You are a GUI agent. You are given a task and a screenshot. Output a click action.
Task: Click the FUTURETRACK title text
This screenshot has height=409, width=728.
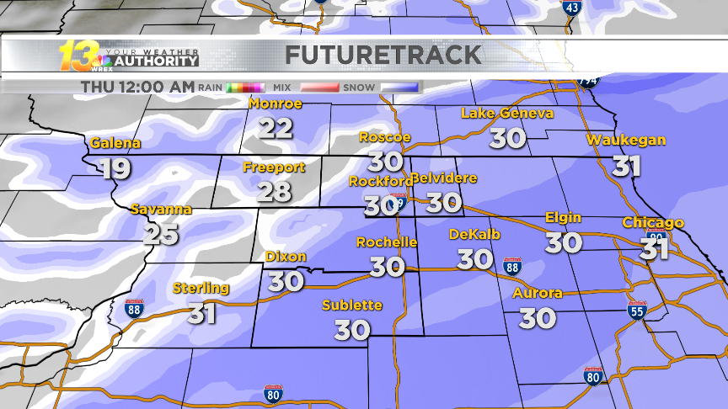(383, 56)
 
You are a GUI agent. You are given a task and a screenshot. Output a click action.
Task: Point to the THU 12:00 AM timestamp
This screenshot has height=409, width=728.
(137, 87)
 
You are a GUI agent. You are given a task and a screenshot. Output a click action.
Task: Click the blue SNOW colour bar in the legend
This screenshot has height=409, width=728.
(399, 87)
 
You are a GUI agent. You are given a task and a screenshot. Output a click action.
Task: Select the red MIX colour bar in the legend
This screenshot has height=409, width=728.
(319, 87)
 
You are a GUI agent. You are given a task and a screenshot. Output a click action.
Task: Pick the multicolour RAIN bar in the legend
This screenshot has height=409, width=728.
(245, 87)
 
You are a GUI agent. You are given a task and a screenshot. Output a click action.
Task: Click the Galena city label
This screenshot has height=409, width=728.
(110, 142)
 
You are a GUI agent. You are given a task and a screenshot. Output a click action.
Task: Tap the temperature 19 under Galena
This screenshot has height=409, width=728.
(115, 168)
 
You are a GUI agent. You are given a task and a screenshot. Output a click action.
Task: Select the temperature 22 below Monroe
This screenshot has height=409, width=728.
(276, 128)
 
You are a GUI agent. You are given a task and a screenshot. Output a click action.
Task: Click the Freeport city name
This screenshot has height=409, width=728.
(273, 167)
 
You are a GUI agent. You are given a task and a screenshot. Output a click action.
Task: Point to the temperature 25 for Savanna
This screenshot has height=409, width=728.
(160, 233)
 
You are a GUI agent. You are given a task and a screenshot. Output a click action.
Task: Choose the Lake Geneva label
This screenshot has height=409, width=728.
(507, 113)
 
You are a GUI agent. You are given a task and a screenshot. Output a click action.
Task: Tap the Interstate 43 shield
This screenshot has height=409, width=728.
(571, 8)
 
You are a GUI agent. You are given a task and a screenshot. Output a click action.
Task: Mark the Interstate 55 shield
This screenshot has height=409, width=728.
(637, 310)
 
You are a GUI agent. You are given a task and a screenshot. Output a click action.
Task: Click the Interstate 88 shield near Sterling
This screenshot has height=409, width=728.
(134, 308)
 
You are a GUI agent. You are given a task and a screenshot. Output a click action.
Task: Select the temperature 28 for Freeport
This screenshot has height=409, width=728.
(274, 191)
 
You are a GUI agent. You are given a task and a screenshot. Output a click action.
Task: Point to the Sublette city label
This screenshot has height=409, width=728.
(352, 305)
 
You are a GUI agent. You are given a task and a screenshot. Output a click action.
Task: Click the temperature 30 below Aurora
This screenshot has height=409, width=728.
(537, 318)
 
